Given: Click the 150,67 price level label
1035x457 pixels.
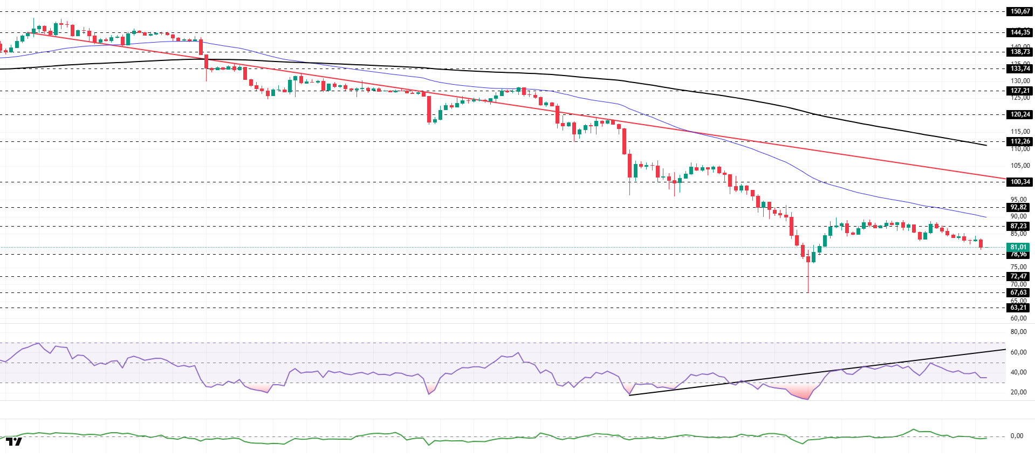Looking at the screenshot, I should (x=1019, y=11).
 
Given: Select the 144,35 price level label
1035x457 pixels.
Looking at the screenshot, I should (x=1019, y=32).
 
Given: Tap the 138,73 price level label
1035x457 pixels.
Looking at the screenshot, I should (x=1019, y=52).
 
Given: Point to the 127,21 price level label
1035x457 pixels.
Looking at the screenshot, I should (x=1019, y=91).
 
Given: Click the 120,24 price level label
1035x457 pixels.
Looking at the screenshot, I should (x=1019, y=114).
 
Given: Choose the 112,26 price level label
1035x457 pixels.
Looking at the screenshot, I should (x=1019, y=141).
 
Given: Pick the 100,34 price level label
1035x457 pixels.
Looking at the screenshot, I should (x=1019, y=182).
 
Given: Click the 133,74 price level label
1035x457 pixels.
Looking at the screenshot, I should (x=1019, y=69).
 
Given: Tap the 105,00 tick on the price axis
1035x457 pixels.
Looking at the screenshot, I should (x=1019, y=166).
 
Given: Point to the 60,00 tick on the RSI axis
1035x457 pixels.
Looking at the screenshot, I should (x=1018, y=352).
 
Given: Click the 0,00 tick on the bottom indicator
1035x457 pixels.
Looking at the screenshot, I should (x=1017, y=436).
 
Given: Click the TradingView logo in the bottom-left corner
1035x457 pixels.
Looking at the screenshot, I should (x=14, y=442).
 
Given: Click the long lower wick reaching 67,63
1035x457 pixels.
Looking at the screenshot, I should (x=808, y=278).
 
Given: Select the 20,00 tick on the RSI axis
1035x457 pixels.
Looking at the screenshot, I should (x=1018, y=392).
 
